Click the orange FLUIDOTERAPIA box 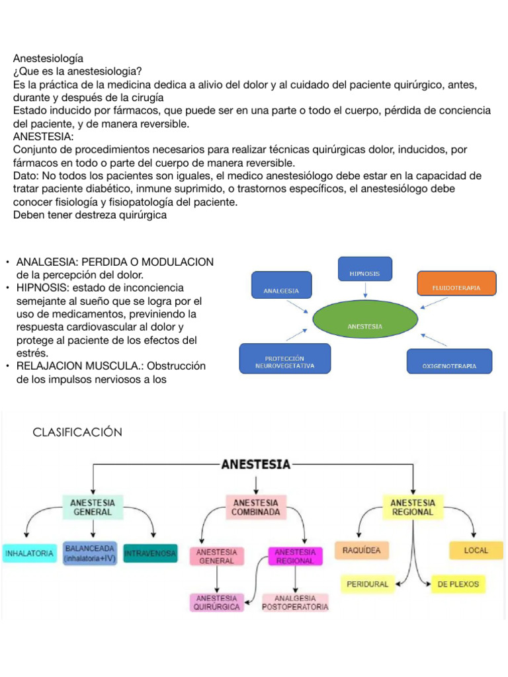pos(456,284)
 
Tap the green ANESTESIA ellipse pos(365,319)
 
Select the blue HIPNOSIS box pos(365,269)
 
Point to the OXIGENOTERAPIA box pos(449,362)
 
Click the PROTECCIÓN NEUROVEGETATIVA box pos(285,358)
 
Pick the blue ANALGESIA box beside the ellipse pos(282,285)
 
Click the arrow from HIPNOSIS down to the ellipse pos(365,290)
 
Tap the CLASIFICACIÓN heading pos(77,432)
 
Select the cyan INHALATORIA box pos(29,553)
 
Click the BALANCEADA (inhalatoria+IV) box pos(90,553)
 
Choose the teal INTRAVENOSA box pos(150,553)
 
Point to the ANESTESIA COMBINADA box pos(256,507)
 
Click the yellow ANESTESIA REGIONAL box pos(413,507)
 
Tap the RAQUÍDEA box pos(362,551)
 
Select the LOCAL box pos(476,551)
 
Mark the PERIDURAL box pos(368,584)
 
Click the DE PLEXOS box pos(458,584)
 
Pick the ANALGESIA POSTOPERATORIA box pos(295,602)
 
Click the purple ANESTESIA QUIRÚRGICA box pos(216,602)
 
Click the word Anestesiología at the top pos(48,58)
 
